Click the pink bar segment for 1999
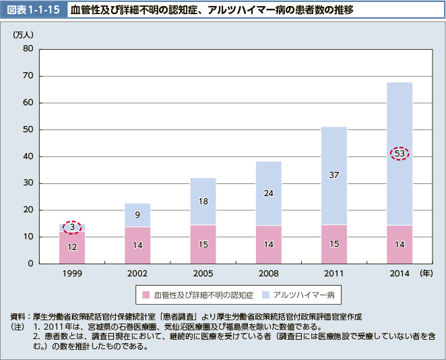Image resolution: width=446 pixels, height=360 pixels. (72, 247)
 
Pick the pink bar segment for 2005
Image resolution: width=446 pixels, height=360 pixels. (203, 244)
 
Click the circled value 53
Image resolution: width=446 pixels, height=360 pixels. (400, 154)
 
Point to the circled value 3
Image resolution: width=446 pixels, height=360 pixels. (72, 227)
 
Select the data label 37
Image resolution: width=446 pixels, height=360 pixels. (334, 175)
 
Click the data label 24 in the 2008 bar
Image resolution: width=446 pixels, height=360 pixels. (269, 193)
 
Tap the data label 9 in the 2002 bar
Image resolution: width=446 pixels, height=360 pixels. (138, 215)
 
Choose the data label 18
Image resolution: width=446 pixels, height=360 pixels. (203, 201)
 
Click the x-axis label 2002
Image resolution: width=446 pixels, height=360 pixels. (138, 274)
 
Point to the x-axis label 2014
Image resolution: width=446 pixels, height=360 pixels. (400, 274)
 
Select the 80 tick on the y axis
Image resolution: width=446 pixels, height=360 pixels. (28, 49)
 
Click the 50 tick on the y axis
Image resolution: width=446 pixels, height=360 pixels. (28, 129)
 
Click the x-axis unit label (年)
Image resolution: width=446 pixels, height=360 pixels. (426, 274)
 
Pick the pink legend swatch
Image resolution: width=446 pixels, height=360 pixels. (145, 295)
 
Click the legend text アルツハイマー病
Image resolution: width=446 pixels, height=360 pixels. (308, 295)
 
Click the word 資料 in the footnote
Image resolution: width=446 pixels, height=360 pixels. (18, 316)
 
